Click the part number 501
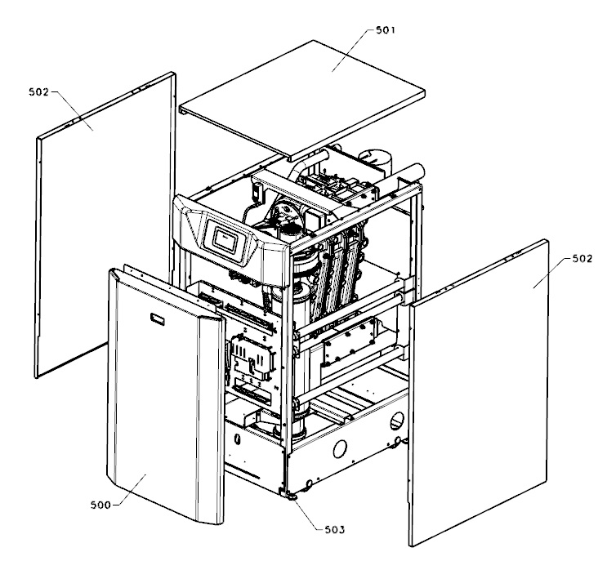387,31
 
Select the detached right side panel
482,392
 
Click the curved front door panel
163,408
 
